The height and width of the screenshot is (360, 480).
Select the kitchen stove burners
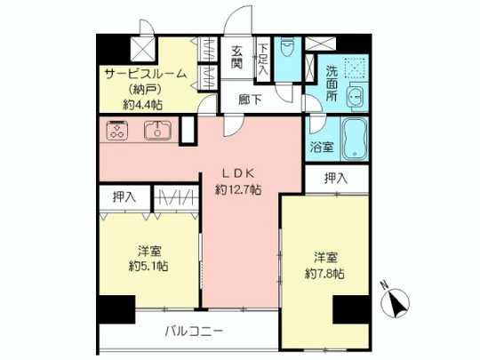click(117, 132)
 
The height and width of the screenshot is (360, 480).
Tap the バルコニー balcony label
click(194, 332)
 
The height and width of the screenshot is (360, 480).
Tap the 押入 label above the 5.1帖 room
click(124, 197)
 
